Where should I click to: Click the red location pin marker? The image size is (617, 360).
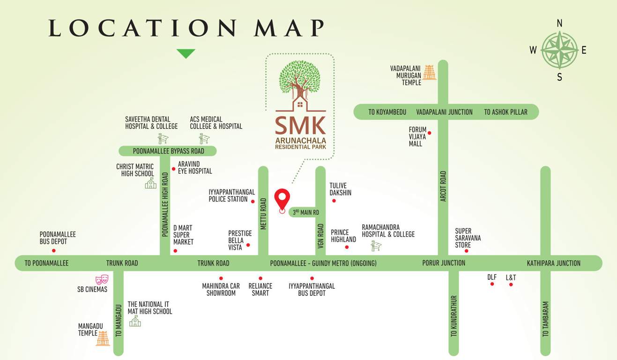point(282,199)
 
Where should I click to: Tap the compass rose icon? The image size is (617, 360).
point(559,50)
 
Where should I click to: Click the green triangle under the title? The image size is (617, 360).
point(186,53)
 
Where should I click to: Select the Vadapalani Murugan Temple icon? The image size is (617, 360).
point(429,72)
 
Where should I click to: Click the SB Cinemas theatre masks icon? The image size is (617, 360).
point(102,280)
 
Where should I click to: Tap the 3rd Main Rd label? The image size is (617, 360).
point(306,212)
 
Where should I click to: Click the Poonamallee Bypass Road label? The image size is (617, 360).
point(168,151)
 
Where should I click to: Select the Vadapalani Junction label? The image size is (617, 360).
point(444,112)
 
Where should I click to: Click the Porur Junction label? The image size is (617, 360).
point(444,263)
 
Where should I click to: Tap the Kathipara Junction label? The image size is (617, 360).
point(553,263)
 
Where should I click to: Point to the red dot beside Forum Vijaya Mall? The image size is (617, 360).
point(429,133)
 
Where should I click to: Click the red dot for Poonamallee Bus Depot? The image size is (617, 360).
point(53,251)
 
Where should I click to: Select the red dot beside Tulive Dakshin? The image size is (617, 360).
point(334,201)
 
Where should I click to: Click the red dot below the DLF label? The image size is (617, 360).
point(492,284)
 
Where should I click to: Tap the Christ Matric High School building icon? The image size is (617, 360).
point(150,183)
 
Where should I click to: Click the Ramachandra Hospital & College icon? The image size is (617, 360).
point(376,246)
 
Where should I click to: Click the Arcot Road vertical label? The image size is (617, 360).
point(443,186)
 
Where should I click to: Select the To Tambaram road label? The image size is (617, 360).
point(545,319)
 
